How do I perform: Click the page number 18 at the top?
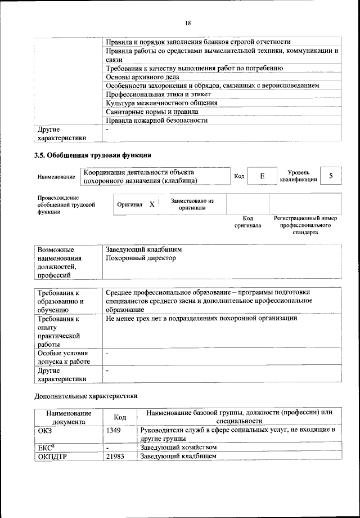(188, 23)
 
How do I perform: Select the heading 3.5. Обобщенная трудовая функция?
(93, 155)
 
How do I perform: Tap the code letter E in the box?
(262, 177)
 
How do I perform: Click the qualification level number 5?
(331, 176)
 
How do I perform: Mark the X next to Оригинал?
(152, 204)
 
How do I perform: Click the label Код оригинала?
(247, 222)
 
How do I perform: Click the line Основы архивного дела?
(142, 77)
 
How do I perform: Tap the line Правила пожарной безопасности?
(156, 120)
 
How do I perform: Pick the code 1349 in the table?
(114, 430)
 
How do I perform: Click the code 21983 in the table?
(116, 456)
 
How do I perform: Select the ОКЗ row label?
(45, 430)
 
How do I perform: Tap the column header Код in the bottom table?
(119, 417)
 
